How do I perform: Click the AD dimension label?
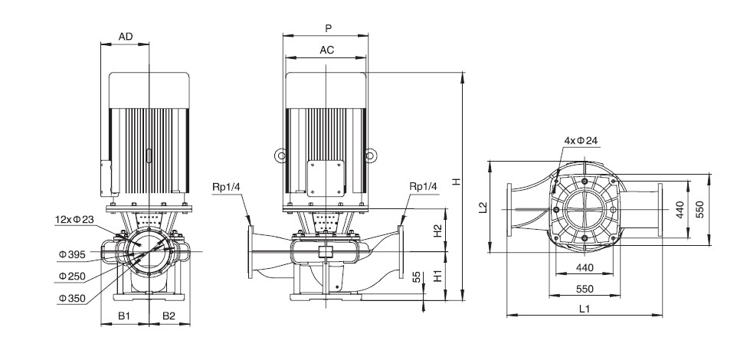tap(126, 37)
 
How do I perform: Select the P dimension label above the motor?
tap(328, 28)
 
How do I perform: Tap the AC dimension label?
tap(327, 50)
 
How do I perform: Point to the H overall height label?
tap(457, 182)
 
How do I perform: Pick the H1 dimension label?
tap(438, 276)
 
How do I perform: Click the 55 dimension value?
tap(417, 277)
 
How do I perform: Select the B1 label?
tap(124, 316)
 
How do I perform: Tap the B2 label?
tap(169, 316)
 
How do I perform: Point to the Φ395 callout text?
tap(73, 255)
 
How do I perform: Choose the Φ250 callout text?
tap(73, 277)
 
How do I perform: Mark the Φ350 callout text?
tap(73, 299)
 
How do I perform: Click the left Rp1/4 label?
tap(226, 186)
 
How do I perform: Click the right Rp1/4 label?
tap(423, 186)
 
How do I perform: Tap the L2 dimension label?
tap(483, 207)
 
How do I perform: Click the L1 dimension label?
tap(585, 309)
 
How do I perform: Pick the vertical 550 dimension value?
tap(699, 210)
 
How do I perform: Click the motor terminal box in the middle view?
tap(326, 178)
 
